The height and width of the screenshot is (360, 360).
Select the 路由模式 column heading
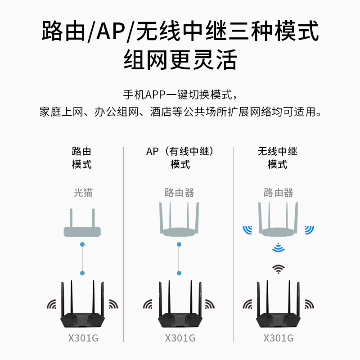[81, 158]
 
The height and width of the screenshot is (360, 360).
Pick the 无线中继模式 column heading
[278, 158]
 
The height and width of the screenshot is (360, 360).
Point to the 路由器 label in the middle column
[180, 193]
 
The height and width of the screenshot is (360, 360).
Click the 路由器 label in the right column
[278, 193]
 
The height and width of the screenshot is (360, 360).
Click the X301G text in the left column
[83, 338]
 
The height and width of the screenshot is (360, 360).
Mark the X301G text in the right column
[278, 338]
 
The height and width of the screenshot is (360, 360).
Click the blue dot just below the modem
[82, 244]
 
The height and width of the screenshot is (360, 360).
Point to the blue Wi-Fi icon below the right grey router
[279, 247]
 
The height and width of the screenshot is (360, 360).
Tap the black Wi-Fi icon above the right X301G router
[279, 269]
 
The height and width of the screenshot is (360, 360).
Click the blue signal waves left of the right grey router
[247, 229]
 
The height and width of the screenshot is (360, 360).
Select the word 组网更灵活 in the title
[180, 60]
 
